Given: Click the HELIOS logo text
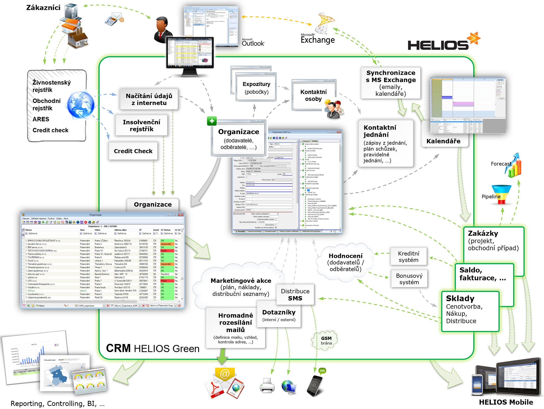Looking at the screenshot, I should [x=438, y=45].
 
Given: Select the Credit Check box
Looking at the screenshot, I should [x=133, y=151].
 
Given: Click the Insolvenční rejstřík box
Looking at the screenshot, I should [x=142, y=125].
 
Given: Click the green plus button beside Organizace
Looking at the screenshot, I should [x=212, y=121].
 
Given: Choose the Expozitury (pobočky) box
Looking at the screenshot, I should [x=256, y=88].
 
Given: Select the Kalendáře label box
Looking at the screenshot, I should [x=443, y=141].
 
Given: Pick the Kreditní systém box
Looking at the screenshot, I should [x=409, y=257].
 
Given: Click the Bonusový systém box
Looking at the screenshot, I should [x=409, y=279].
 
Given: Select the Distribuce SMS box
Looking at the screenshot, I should [x=295, y=295].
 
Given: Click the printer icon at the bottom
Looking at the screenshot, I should [x=267, y=385].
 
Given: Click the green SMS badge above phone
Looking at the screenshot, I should [x=322, y=371].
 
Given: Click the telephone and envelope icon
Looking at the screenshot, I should [x=114, y=19].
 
